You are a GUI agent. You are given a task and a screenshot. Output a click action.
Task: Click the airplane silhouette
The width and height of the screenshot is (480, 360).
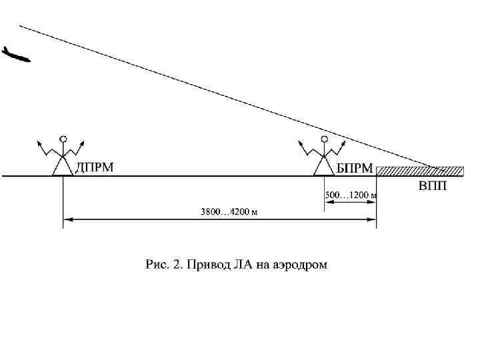tap(16, 55)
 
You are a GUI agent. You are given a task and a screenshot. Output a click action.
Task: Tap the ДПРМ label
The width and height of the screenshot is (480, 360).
tap(93, 167)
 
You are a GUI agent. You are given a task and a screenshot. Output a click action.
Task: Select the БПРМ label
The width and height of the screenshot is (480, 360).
tap(354, 168)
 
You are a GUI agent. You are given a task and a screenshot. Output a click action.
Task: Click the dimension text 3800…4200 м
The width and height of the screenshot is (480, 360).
tap(229, 212)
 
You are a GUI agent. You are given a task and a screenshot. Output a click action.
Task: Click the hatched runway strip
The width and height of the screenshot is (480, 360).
tap(420, 171)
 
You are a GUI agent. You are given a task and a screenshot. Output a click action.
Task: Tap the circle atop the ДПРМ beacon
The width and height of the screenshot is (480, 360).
tap(63, 139)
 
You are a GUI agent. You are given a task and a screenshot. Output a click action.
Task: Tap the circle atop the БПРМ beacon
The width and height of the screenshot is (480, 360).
tap(325, 139)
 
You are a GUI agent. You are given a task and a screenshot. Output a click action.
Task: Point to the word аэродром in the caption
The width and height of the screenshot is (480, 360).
tap(299, 265)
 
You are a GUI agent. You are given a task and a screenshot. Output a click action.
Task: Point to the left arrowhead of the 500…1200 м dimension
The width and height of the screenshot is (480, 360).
tap(328, 202)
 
